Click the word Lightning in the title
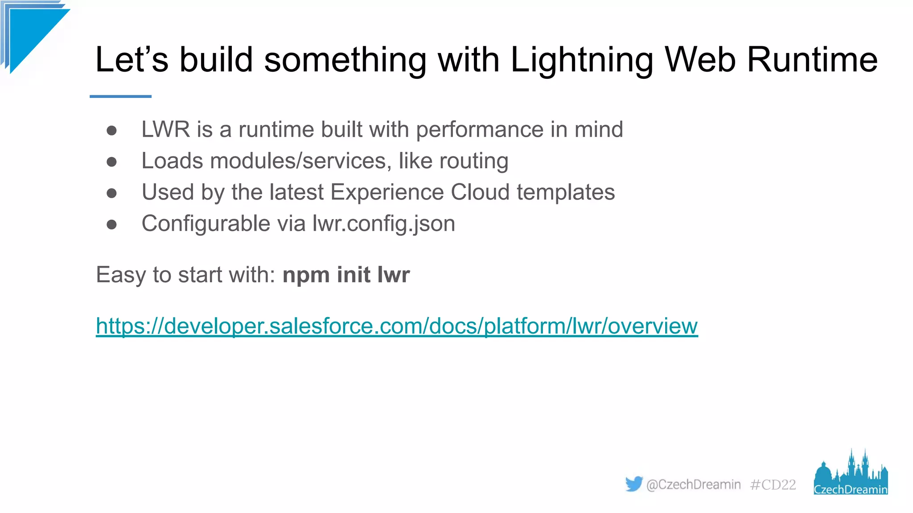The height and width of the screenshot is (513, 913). pos(582,60)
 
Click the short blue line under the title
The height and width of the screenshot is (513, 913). pos(120,96)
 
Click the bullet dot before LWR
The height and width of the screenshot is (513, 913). pos(111,130)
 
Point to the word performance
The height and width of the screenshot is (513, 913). pos(479,130)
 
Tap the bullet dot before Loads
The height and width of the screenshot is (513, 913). pos(111,162)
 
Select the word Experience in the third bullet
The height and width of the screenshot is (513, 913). pos(387,192)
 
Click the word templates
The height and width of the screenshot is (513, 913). pos(566,192)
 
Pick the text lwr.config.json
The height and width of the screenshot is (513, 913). pos(383,224)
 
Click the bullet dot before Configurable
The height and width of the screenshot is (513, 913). pos(111,224)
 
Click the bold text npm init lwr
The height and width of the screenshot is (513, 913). pos(346,275)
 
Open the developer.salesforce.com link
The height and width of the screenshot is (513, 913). pos(397,326)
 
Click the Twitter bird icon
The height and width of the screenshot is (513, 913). pos(633,484)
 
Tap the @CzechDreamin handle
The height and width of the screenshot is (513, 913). pos(693,484)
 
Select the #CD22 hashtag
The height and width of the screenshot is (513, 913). pos(773,484)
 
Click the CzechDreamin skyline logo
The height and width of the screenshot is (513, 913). pos(851,474)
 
